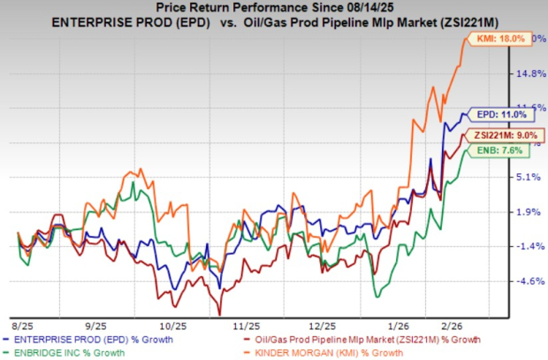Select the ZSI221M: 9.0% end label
click(505, 134)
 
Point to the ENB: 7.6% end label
click(507, 151)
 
